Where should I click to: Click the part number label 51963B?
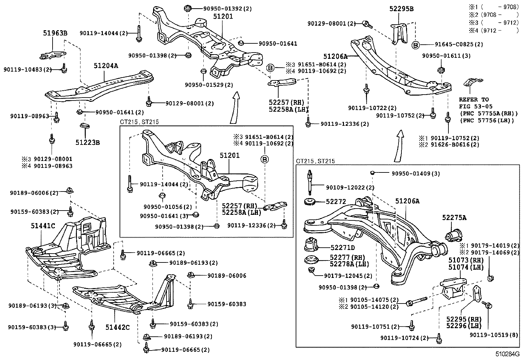tap(55, 33)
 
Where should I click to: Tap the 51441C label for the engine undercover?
tap(43, 226)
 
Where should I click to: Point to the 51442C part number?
tap(117, 327)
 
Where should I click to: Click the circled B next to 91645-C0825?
tap(416, 45)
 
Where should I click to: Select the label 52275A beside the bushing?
tap(454, 218)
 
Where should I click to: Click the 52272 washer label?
tap(336, 202)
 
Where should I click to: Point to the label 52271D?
tap(343, 248)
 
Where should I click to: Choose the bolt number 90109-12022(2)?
tap(350, 188)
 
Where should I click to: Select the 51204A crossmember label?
tap(106, 66)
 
